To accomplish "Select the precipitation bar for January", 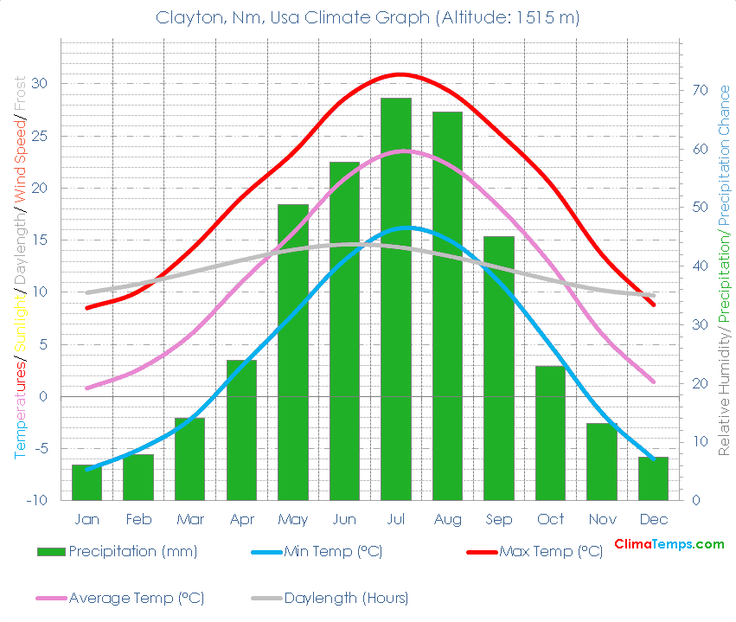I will (x=86, y=483).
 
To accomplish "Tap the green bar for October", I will (x=550, y=433).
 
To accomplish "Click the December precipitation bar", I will (x=654, y=478).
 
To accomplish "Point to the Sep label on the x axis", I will (x=499, y=519).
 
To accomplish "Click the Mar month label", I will (x=190, y=519).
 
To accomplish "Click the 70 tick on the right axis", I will (x=700, y=90).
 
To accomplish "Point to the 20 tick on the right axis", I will (x=700, y=383).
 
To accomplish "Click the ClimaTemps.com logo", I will (x=669, y=544).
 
